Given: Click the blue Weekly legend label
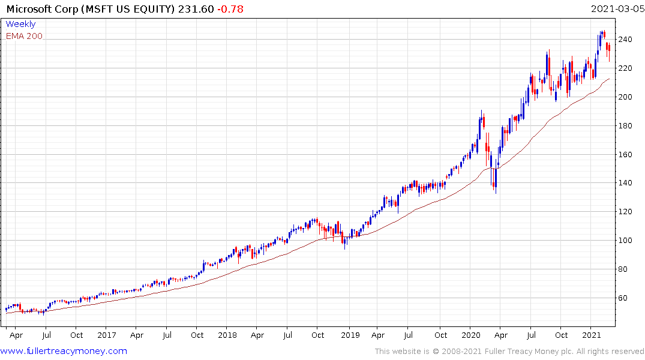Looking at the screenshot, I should click(20, 25).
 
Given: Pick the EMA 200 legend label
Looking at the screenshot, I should click(24, 36).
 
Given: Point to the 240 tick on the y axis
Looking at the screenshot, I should click(626, 40).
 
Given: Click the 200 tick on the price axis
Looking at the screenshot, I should click(626, 97).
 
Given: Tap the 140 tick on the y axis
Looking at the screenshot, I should click(626, 183).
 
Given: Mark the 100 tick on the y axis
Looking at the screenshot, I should click(626, 241).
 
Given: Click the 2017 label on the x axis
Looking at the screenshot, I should click(106, 335).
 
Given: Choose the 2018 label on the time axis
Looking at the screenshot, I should click(227, 335).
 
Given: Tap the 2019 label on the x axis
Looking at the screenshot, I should click(349, 335).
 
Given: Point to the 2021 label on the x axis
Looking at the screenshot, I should click(592, 335).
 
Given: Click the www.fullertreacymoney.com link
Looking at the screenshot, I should click(64, 351).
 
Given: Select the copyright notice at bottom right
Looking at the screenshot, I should click(509, 352).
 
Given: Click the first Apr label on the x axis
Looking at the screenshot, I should click(16, 335).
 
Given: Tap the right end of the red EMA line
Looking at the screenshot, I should click(610, 79).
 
